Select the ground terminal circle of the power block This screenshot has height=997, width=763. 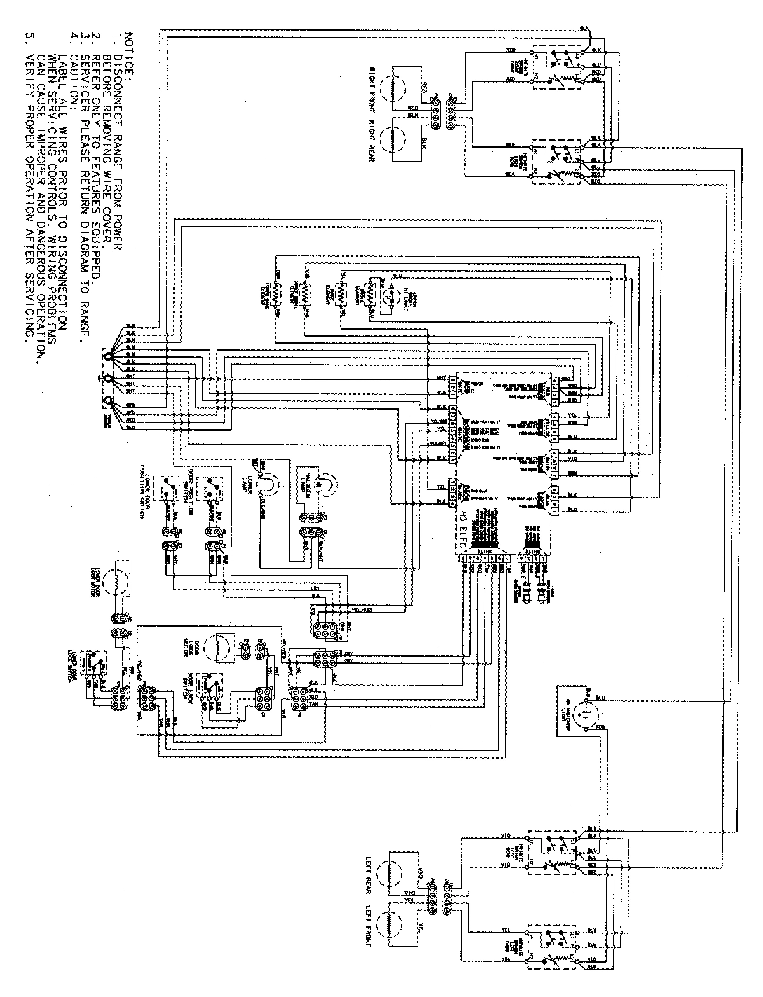tap(109, 379)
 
